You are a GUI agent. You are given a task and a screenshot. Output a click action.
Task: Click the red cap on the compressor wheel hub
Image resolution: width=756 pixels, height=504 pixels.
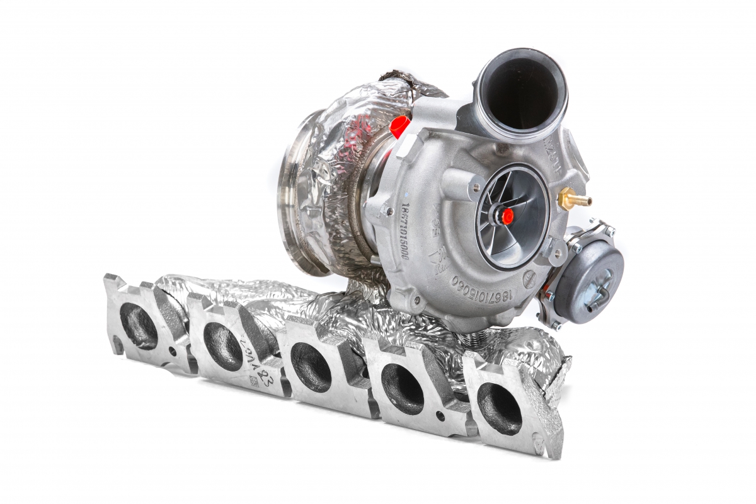click(508, 216)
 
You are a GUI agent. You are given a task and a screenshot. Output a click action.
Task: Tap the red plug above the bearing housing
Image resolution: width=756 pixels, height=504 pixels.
click(399, 126)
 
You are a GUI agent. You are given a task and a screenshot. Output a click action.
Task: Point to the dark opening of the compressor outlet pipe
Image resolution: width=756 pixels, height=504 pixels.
click(521, 92)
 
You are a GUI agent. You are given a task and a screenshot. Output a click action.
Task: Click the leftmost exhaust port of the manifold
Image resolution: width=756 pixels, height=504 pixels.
click(138, 325)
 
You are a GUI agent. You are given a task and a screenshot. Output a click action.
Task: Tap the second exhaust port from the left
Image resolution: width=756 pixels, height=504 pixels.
click(222, 346)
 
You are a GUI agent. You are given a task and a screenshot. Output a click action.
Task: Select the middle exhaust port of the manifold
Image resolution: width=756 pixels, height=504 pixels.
click(311, 367)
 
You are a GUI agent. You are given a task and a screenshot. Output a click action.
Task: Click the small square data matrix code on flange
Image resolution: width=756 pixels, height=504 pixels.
click(253, 381)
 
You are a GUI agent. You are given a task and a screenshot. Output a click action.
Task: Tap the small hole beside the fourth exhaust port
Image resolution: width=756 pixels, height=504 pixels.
click(439, 415)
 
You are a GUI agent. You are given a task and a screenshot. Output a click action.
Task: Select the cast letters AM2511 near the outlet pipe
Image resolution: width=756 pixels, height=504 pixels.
click(564, 151)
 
